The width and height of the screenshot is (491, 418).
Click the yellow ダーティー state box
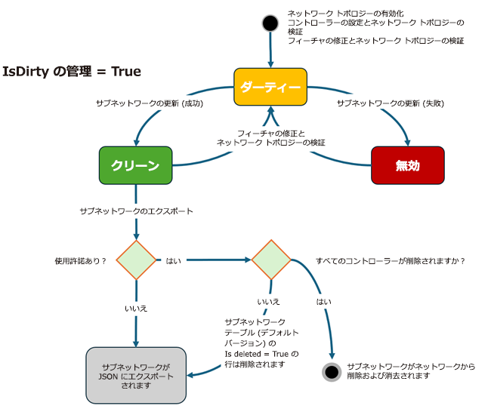(x=270, y=87)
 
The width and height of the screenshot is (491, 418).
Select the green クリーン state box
(x=135, y=165)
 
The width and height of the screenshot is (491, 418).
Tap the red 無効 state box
(x=407, y=165)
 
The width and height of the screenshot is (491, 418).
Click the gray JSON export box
(x=136, y=375)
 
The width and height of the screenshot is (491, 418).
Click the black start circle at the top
(x=270, y=23)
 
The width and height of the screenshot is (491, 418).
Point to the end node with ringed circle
(x=331, y=372)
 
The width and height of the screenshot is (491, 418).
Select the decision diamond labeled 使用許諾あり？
(x=136, y=260)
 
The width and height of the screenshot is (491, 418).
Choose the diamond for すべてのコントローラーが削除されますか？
(x=272, y=260)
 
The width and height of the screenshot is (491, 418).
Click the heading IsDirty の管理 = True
(x=72, y=72)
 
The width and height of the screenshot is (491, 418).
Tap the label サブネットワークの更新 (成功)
(x=150, y=103)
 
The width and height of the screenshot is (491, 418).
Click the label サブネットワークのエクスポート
(x=136, y=211)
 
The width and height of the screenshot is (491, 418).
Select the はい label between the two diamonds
(x=172, y=260)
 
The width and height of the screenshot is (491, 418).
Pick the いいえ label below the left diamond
(x=136, y=309)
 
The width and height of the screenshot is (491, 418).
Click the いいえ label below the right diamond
(x=268, y=301)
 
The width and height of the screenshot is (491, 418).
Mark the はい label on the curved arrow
(x=323, y=301)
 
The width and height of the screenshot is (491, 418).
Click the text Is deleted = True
(x=256, y=353)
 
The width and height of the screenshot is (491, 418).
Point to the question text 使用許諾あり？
(x=80, y=260)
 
